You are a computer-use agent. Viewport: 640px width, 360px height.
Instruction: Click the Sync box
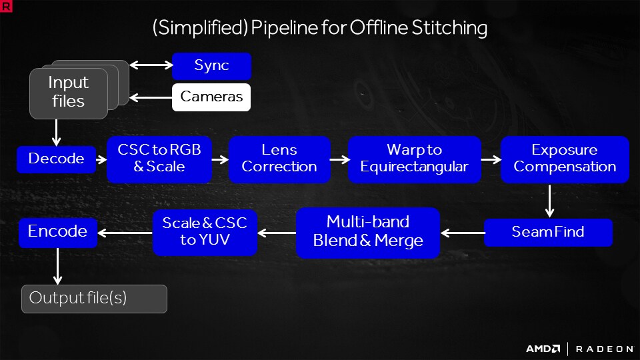pos(211,66)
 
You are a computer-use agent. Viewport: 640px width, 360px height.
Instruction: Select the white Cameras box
pos(211,97)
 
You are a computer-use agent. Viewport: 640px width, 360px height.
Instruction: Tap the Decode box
pos(56,159)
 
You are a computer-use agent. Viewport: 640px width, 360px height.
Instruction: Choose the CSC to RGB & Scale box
pos(159,159)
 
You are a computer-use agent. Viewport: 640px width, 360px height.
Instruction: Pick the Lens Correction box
pos(279,159)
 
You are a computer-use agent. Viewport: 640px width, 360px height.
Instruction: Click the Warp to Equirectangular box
pos(414,159)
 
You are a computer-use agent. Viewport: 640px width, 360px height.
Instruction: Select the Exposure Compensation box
pos(565,159)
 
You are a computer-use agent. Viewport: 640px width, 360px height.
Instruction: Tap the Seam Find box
pos(548,233)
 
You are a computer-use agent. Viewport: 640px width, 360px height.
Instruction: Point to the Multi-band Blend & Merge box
pos(368,233)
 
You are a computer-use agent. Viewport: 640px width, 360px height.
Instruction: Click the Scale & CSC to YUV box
pos(205,233)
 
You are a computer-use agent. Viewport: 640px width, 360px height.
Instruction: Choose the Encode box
pos(57,233)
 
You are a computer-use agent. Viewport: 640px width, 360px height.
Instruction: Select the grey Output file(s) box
pos(94,299)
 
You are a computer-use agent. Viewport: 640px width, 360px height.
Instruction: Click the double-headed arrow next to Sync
pos(151,65)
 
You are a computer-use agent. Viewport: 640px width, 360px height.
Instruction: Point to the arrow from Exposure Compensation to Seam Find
pos(550,201)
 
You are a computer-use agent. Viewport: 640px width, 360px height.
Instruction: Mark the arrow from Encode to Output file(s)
pos(57,266)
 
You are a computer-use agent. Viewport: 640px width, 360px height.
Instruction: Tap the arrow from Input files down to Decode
pos(56,133)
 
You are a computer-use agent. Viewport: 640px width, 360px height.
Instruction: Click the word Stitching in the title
pos(449,28)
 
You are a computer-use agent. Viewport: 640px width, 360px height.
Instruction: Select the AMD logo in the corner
pos(543,349)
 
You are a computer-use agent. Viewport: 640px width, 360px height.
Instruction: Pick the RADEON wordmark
pos(605,349)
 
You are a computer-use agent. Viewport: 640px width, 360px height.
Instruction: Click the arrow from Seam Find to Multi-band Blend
pos(463,233)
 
